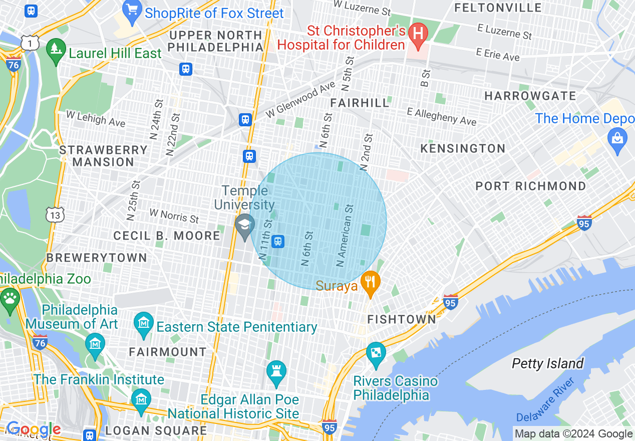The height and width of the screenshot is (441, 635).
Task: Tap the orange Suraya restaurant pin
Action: [370, 282]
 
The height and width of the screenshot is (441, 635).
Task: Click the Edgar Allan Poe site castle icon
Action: [276, 372]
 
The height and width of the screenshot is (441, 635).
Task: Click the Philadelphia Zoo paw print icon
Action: [10, 299]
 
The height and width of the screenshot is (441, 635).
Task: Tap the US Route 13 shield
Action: [54, 214]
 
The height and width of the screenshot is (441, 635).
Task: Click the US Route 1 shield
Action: [30, 43]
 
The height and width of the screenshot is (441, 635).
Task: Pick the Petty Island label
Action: [547, 363]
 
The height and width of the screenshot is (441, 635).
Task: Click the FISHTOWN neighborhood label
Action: [402, 319]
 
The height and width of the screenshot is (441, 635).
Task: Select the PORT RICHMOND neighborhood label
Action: [530, 186]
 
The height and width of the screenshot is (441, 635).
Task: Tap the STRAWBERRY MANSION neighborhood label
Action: [104, 156]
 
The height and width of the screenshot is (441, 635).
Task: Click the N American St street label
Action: [346, 236]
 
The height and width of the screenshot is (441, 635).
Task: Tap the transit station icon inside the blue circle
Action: [278, 242]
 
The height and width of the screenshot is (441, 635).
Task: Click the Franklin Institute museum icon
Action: [141, 399]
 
